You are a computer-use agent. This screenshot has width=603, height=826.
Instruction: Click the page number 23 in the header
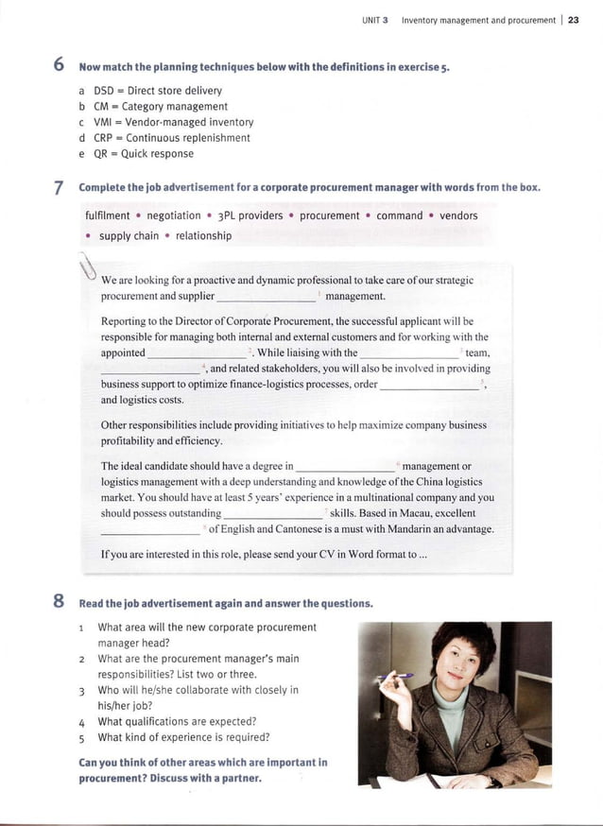pos(574,20)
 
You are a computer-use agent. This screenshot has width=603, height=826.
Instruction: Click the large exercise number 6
pos(58,66)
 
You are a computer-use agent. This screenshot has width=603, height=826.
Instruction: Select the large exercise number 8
pos(58,602)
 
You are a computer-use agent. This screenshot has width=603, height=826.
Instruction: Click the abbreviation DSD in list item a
pos(104,91)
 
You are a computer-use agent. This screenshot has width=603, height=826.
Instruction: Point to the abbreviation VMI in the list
pos(104,122)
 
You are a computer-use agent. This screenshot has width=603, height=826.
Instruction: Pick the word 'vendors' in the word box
pos(458,215)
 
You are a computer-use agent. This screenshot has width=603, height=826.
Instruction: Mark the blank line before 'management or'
pos(345,468)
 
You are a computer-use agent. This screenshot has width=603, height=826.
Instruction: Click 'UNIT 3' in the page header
pos(376,20)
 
